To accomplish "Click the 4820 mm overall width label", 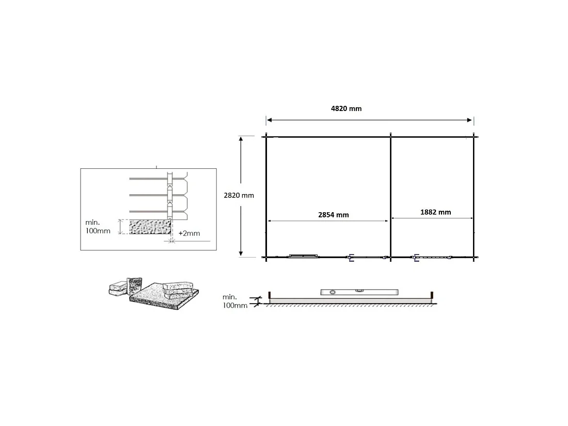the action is pyautogui.click(x=346, y=108).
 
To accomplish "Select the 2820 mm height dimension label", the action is pyautogui.click(x=239, y=195).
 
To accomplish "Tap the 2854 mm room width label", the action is pyautogui.click(x=333, y=215).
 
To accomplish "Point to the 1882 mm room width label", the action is pyautogui.click(x=435, y=212).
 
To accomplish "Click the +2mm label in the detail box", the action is pyautogui.click(x=189, y=233).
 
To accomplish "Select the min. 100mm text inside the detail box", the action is pyautogui.click(x=98, y=227).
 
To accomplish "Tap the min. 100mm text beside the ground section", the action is pyautogui.click(x=235, y=301).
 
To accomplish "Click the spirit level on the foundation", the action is pyautogui.click(x=359, y=292).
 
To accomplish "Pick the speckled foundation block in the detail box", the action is pyautogui.click(x=150, y=227).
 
